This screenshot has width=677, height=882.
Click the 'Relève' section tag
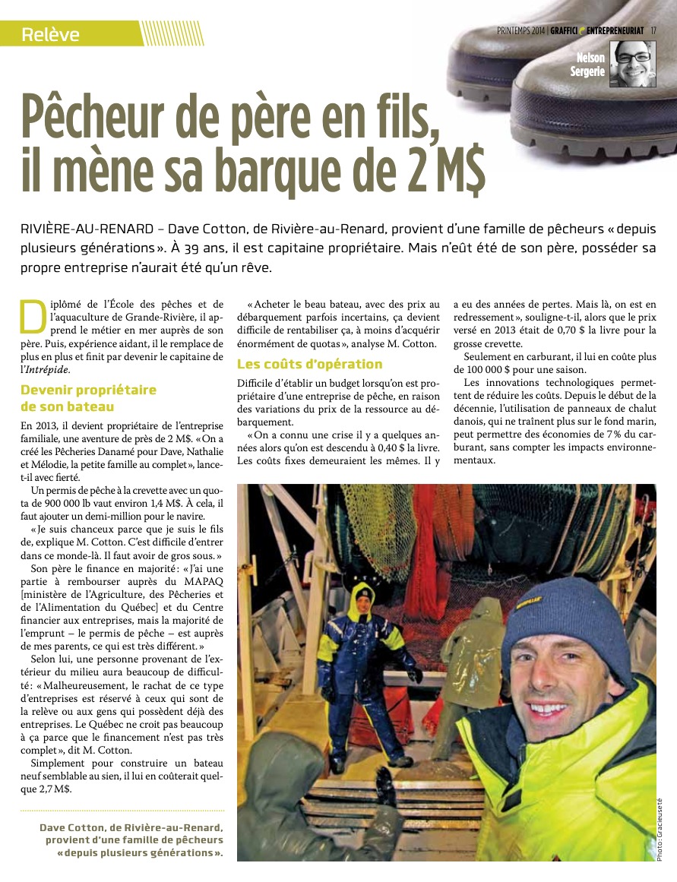51,34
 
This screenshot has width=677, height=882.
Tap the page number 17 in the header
653,30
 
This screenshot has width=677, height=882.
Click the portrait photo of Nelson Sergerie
635,64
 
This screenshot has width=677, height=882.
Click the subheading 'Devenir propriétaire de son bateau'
89,398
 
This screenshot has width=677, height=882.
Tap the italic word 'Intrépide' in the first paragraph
46,370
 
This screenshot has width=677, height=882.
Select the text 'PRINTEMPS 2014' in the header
520,30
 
